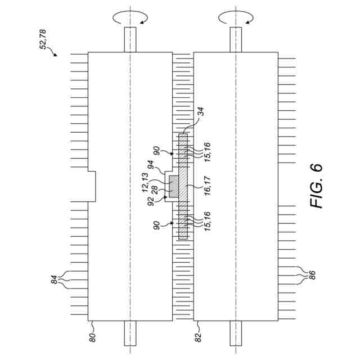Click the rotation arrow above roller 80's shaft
pyautogui.click(x=130, y=19)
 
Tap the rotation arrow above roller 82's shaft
pyautogui.click(x=236, y=19)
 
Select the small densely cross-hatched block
pyautogui.click(x=174, y=186)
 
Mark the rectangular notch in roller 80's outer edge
pyautogui.click(x=92, y=186)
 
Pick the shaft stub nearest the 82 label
pyautogui.click(x=236, y=332)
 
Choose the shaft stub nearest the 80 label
pyautogui.click(x=130, y=332)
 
